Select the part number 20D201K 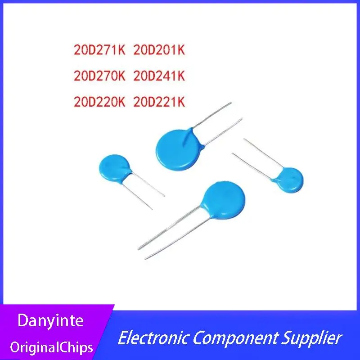(x=159, y=50)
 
